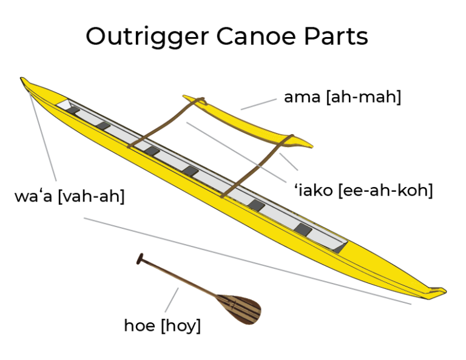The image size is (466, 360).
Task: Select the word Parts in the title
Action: (x=337, y=36)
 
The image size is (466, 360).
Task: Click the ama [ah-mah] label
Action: (x=342, y=97)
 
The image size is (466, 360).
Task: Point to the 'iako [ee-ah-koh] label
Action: (x=363, y=191)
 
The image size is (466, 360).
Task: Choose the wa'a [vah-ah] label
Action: (x=69, y=197)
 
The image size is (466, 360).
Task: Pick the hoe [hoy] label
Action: (x=162, y=325)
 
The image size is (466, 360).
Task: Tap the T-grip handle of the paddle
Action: (x=141, y=259)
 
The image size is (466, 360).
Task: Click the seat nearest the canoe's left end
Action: (x=73, y=110)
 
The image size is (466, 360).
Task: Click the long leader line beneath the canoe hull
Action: (x=243, y=260)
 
